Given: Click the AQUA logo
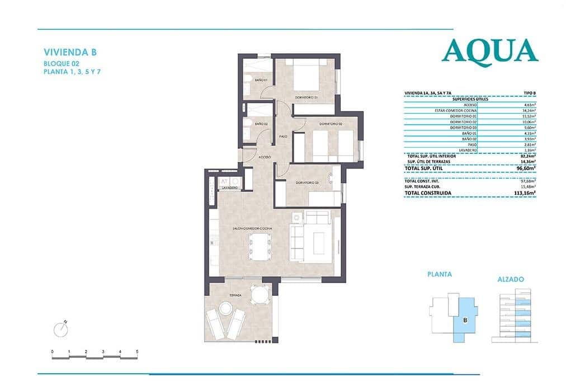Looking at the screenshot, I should [x=489, y=51].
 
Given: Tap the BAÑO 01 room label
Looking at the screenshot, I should [x=261, y=81].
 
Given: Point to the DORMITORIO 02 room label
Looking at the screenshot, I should [x=331, y=123].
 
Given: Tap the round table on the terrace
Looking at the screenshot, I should [x=257, y=294].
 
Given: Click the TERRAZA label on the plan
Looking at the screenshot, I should [x=235, y=295].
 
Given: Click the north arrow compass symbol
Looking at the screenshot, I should [x=60, y=330].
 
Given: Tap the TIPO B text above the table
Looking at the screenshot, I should [x=529, y=93].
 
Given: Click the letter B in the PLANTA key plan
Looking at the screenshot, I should [x=465, y=320].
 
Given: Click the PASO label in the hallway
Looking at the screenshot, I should [x=284, y=136].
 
